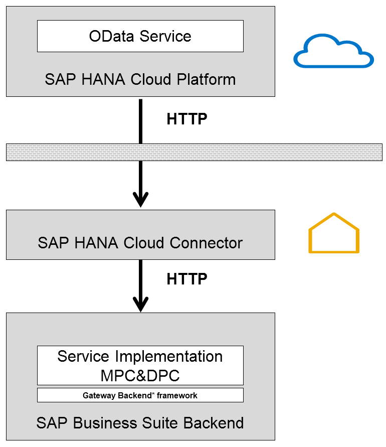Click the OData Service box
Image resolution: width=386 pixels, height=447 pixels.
click(140, 36)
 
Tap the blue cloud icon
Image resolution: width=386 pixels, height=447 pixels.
click(333, 52)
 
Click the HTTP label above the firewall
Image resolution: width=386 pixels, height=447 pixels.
click(186, 119)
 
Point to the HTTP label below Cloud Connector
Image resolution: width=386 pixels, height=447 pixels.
click(186, 279)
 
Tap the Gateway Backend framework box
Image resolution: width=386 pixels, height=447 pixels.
click(140, 395)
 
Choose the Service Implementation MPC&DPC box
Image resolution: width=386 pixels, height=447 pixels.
click(140, 365)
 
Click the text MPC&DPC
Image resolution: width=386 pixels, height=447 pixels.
click(140, 375)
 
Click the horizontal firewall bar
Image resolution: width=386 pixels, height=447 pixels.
click(194, 152)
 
